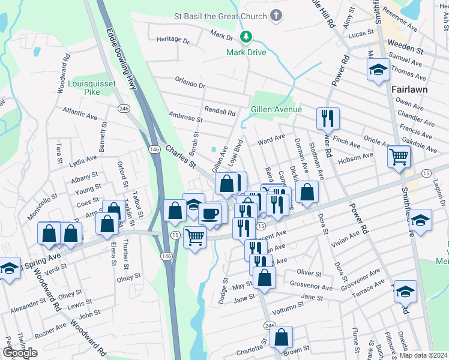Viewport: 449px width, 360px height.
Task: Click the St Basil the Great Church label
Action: coord(223,16)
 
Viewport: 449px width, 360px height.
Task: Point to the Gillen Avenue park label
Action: coord(276,110)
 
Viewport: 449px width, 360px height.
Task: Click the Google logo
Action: coord(20,353)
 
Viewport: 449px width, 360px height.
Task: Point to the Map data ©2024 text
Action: coord(423,355)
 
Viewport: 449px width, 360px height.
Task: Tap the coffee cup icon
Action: coord(209,213)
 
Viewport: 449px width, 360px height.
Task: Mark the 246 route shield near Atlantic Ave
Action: coord(124,109)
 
